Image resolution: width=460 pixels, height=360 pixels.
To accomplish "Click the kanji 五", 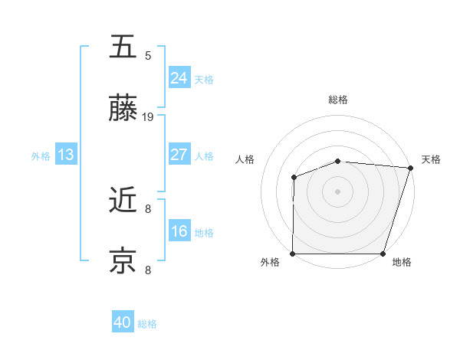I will [x=123, y=48].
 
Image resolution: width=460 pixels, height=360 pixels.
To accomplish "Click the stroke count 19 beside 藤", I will [x=148, y=117].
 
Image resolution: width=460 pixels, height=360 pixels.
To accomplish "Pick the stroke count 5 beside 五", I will [x=148, y=55].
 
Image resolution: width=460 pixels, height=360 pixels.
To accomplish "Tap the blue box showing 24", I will [x=179, y=77].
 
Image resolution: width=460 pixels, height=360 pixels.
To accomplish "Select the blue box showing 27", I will [x=179, y=154].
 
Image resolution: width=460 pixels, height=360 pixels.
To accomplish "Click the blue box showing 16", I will [x=179, y=231].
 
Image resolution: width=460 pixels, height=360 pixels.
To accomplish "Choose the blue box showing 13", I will [x=66, y=155].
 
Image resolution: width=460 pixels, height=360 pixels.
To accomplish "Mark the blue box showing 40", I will [x=123, y=322].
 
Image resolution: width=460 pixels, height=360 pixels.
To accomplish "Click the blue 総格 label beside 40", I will [x=147, y=324].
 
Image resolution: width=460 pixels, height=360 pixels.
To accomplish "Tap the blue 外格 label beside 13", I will [x=41, y=156].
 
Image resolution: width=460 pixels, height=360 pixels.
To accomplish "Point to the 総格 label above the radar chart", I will [x=338, y=100].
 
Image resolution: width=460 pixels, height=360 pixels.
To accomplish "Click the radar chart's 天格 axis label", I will [x=431, y=159].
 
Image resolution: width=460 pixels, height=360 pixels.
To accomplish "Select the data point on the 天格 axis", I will [x=410, y=168].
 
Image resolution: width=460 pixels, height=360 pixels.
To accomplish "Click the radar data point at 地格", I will [x=383, y=254].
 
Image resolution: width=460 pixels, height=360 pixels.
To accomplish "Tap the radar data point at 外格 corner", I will [x=293, y=254].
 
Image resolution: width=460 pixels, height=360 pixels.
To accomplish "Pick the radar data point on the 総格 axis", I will [x=338, y=161].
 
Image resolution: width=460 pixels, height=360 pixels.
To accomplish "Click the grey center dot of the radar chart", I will [x=338, y=191].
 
